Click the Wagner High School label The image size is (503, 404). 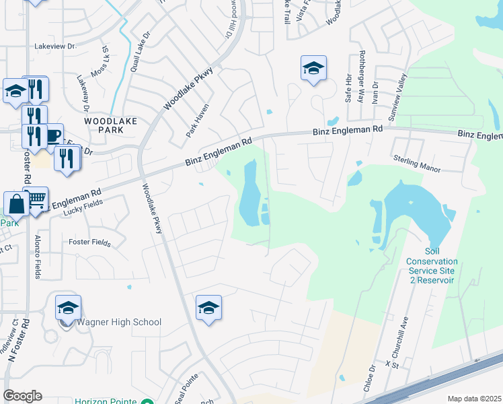pos(119,322)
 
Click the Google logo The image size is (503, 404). pos(22,395)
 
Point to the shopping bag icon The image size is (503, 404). pos(15,203)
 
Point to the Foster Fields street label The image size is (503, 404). pos(89,242)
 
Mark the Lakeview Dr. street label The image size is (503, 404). pos(56,46)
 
